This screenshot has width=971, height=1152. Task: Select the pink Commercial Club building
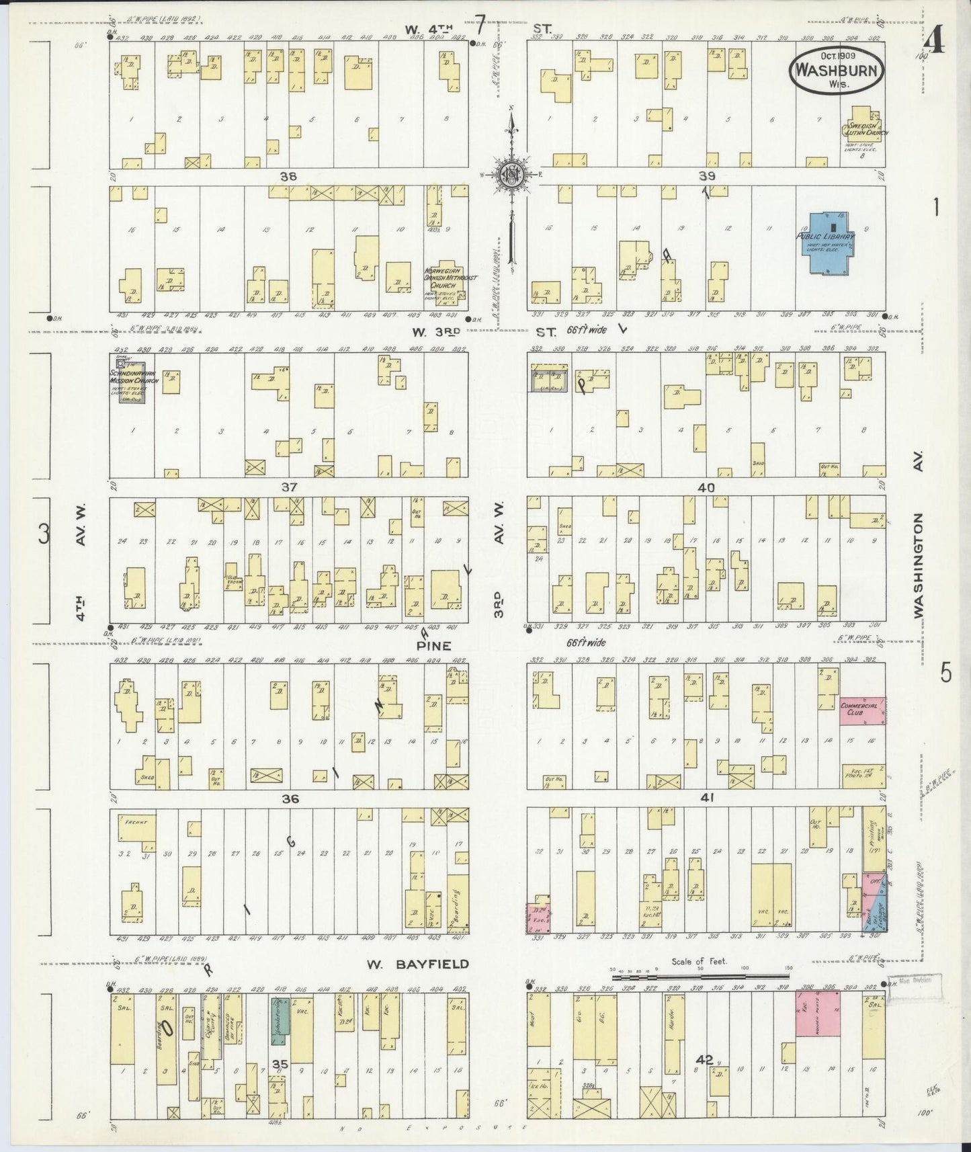(x=861, y=710)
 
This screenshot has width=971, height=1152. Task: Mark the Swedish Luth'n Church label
(x=867, y=130)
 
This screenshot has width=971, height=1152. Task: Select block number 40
(x=706, y=487)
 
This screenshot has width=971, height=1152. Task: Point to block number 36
(x=290, y=798)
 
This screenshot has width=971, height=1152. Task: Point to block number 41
(x=706, y=798)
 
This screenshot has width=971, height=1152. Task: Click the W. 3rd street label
(x=428, y=331)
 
